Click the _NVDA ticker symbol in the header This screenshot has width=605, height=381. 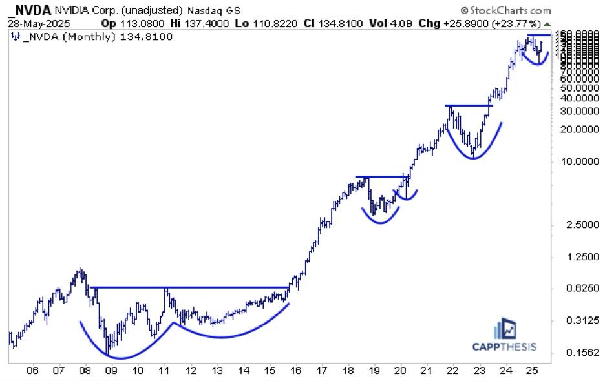(30, 10)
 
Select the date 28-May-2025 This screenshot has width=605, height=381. (32, 23)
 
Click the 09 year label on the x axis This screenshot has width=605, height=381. (111, 371)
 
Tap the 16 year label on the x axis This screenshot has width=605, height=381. (295, 371)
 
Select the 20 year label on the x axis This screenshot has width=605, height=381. (400, 371)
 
